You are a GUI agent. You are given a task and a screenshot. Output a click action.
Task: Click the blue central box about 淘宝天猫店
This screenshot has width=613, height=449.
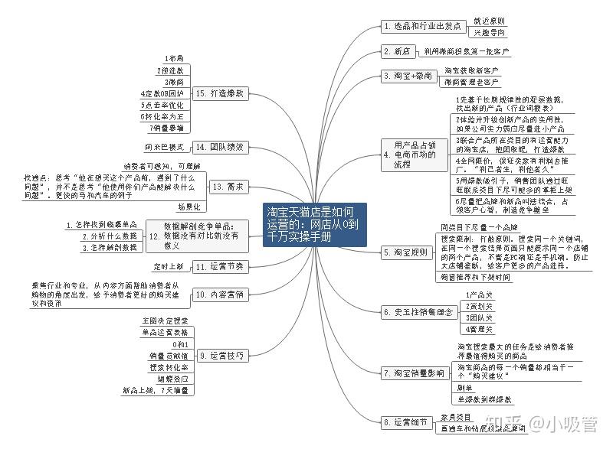311,223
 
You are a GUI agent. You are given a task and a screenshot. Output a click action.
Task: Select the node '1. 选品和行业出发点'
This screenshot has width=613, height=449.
422,26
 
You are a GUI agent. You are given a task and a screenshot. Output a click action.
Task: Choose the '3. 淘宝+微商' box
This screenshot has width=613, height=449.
409,76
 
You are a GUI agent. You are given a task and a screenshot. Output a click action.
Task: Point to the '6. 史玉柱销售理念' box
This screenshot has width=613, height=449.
418,311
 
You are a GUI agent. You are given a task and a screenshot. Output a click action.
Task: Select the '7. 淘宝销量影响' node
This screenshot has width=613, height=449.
414,373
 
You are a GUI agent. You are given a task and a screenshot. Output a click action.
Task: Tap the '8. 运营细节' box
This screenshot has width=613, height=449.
407,421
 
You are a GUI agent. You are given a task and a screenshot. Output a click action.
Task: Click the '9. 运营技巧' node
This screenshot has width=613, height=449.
221,355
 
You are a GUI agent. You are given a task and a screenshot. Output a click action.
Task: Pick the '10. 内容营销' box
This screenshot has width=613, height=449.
218,294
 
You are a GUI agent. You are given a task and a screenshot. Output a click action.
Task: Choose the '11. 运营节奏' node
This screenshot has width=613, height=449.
218,267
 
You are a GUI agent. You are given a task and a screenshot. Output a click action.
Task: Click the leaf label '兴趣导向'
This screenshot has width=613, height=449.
489,33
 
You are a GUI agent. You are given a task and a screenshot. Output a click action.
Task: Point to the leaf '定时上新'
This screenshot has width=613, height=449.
169,267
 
